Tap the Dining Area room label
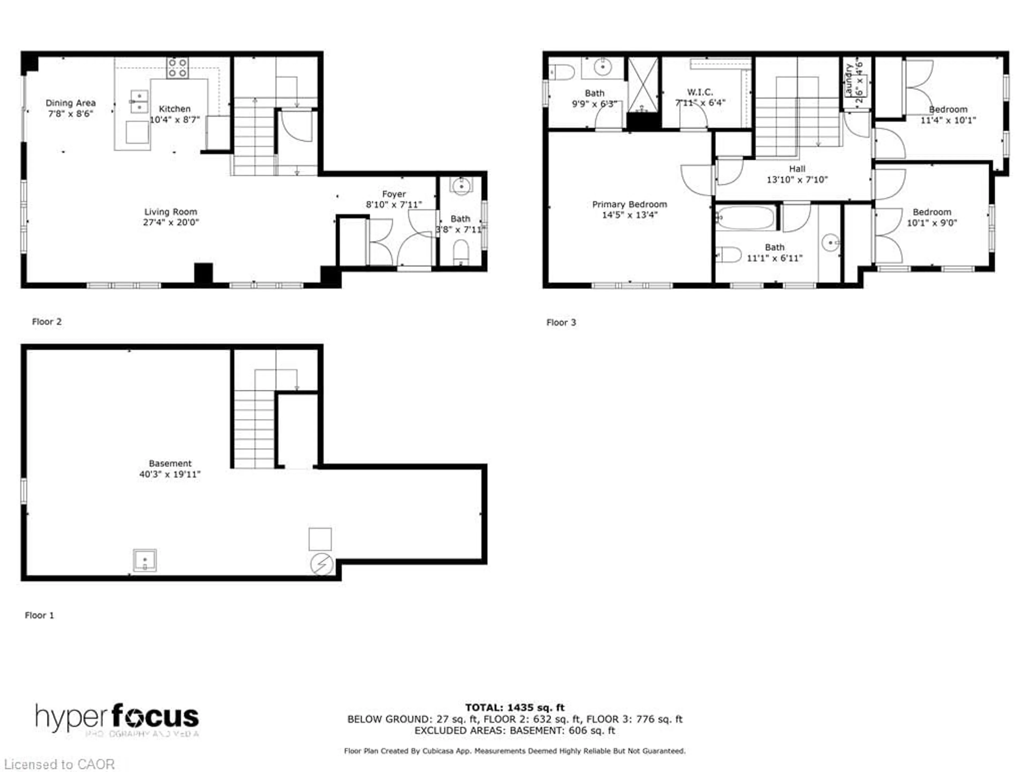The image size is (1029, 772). [x=71, y=103]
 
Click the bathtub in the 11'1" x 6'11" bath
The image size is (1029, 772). [x=745, y=218]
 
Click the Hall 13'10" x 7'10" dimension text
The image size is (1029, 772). [x=797, y=180]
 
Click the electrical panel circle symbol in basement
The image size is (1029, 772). [x=322, y=564]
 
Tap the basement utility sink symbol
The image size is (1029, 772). [x=145, y=560]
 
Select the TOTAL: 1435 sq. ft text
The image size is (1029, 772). [x=514, y=708]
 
